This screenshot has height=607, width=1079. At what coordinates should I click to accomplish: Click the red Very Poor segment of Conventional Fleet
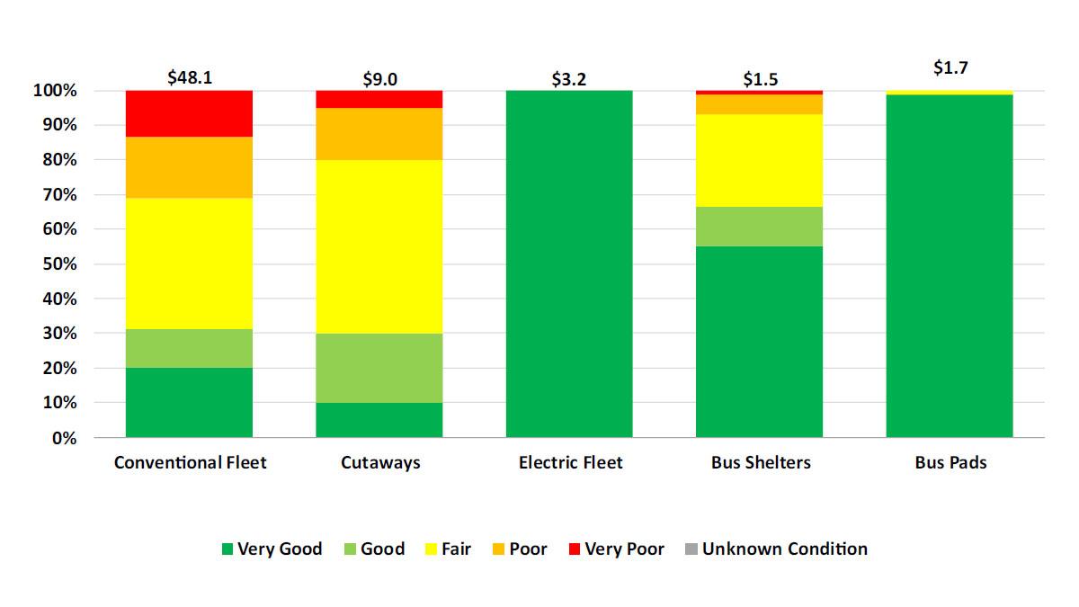(189, 113)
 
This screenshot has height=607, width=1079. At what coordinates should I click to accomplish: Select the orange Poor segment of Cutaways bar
(379, 134)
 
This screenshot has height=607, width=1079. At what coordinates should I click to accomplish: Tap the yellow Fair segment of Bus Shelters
(759, 160)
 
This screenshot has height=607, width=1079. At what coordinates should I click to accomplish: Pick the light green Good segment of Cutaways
(379, 368)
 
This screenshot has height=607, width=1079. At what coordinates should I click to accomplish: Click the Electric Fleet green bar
(569, 264)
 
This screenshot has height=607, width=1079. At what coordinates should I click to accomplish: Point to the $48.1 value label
(190, 77)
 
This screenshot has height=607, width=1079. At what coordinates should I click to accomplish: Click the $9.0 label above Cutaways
(379, 79)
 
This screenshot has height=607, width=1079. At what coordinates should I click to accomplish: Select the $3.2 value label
(568, 79)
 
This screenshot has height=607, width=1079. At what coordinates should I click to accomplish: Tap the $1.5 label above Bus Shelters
(760, 79)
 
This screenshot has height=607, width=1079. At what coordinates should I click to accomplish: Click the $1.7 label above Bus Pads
(950, 67)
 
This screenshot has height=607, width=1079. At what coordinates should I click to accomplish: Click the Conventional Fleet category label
(190, 463)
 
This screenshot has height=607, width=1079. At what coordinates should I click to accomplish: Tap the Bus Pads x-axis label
(950, 463)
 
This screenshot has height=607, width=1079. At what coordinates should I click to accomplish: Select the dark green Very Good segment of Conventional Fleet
(189, 403)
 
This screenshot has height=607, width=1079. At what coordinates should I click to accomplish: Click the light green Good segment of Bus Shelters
(759, 227)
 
